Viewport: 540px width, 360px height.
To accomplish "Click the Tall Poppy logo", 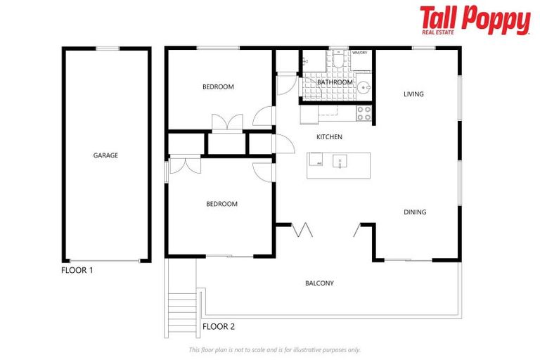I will point(475,20).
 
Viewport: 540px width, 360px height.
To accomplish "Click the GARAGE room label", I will point(105,155).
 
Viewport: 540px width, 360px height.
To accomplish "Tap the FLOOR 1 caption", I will point(77,270).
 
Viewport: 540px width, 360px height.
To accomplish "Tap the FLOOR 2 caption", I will point(219,326).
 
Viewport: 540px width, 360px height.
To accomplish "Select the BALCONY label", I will point(319,283).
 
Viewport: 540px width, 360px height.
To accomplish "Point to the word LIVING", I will point(413,94).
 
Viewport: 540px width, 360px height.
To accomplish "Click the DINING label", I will point(415,212).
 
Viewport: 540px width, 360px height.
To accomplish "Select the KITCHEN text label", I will point(329,136).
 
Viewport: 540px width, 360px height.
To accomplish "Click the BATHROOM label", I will point(335,82).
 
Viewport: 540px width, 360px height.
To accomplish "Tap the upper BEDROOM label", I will point(218,87).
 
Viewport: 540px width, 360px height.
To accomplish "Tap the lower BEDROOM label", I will point(221,204).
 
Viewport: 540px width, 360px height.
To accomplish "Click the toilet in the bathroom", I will point(339,61).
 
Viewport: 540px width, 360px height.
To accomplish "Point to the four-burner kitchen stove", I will point(364,113).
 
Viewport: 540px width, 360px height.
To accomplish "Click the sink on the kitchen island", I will point(340,162).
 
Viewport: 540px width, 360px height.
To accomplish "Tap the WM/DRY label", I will point(360,53).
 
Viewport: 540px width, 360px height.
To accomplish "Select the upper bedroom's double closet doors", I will point(227,122).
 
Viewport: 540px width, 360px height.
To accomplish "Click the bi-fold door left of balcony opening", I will point(303,229).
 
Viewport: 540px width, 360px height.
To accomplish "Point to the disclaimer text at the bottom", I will point(274,349).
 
